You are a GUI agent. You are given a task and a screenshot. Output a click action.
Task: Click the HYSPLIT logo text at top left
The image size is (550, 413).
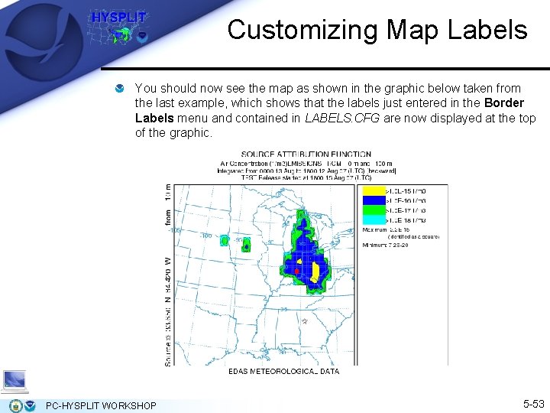click(118, 18)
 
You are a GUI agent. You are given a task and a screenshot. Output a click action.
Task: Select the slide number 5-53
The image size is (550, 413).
click(532, 403)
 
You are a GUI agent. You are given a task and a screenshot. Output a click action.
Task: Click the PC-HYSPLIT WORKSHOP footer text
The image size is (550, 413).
click(101, 405)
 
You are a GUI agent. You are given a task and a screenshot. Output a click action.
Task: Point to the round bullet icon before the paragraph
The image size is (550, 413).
click(121, 89)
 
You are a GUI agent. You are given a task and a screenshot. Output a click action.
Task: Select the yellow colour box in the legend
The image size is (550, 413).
click(373, 190)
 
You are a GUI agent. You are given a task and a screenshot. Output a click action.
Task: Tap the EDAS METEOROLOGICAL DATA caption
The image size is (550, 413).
click(283, 371)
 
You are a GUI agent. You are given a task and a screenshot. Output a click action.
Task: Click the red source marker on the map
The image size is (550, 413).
click(296, 272)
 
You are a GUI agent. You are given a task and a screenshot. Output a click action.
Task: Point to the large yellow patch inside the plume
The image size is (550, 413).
click(315, 272)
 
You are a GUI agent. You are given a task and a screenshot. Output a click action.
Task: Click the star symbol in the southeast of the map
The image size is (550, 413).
click(304, 322)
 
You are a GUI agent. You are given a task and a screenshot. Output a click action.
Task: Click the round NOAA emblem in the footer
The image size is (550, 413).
click(30, 405)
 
